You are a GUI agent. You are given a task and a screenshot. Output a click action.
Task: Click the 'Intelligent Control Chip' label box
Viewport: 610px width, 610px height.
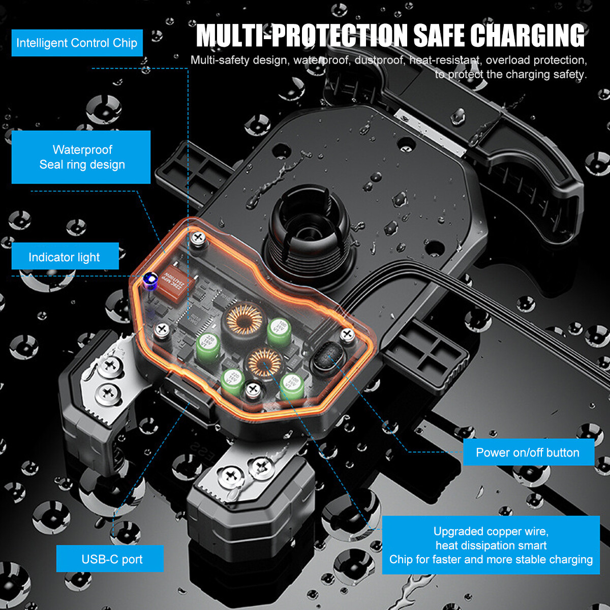click(x=77, y=43)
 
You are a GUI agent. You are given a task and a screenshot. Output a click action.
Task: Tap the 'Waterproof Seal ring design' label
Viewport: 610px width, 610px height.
click(x=81, y=157)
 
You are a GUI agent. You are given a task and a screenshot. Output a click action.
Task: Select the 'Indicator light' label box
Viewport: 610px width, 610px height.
click(x=65, y=257)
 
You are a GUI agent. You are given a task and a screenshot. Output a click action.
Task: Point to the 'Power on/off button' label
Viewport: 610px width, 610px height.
click(x=528, y=452)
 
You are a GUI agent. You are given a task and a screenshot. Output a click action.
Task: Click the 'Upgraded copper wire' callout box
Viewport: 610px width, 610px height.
click(x=491, y=545)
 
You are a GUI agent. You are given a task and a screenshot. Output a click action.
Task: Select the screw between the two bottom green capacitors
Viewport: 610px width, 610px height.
click(x=253, y=391)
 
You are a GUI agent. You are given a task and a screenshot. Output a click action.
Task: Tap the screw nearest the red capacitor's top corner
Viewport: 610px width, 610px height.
click(x=198, y=238)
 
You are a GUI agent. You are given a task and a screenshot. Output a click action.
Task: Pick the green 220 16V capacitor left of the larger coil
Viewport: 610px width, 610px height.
click(x=207, y=346)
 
